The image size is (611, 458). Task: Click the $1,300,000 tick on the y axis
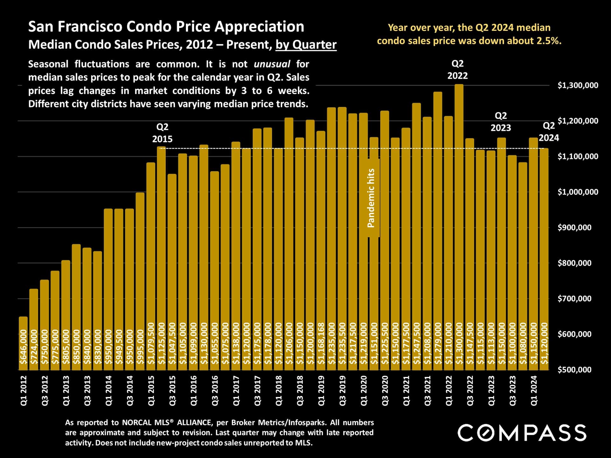point(578,85)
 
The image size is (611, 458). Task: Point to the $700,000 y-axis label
point(574,299)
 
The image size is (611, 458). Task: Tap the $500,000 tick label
point(574,370)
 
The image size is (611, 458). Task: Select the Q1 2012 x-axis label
point(24,391)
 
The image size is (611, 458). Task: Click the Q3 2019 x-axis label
point(342,391)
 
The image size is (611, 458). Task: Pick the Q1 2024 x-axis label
point(534,391)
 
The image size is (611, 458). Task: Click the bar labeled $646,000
point(23,343)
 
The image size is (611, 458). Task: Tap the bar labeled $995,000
point(140,280)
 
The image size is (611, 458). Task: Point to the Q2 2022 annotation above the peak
point(458,70)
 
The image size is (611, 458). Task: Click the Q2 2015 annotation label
point(162,133)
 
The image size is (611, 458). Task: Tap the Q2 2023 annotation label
point(501,121)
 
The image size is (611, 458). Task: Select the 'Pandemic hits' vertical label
point(371,198)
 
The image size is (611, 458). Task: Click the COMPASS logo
point(522,433)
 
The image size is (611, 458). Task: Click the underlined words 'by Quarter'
point(306,45)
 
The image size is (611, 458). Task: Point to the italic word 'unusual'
point(272,64)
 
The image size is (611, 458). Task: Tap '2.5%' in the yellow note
point(549,41)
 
